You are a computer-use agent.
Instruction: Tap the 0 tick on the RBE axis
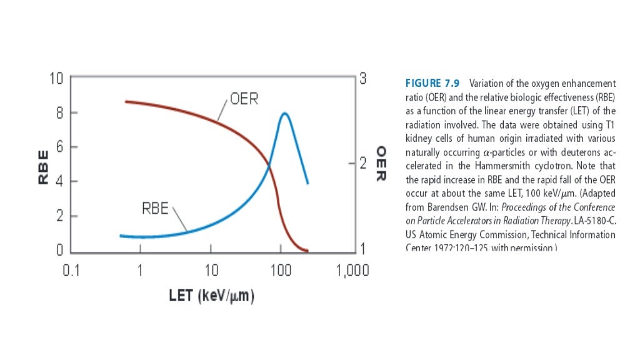(x=59, y=251)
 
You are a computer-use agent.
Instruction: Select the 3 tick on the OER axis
(x=362, y=79)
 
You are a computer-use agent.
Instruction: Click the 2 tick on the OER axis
(x=362, y=164)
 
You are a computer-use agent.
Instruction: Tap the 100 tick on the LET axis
(x=281, y=271)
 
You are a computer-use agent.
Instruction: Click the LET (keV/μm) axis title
(x=211, y=296)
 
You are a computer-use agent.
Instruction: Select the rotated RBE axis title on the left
(x=43, y=165)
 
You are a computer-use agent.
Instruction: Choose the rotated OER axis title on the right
(x=379, y=164)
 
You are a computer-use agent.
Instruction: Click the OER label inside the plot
(x=245, y=99)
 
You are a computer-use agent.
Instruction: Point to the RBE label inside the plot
(x=155, y=208)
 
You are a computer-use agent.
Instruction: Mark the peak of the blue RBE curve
(x=284, y=113)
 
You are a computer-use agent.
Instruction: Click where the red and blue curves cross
(x=269, y=165)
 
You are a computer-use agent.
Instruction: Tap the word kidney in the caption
(x=417, y=138)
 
